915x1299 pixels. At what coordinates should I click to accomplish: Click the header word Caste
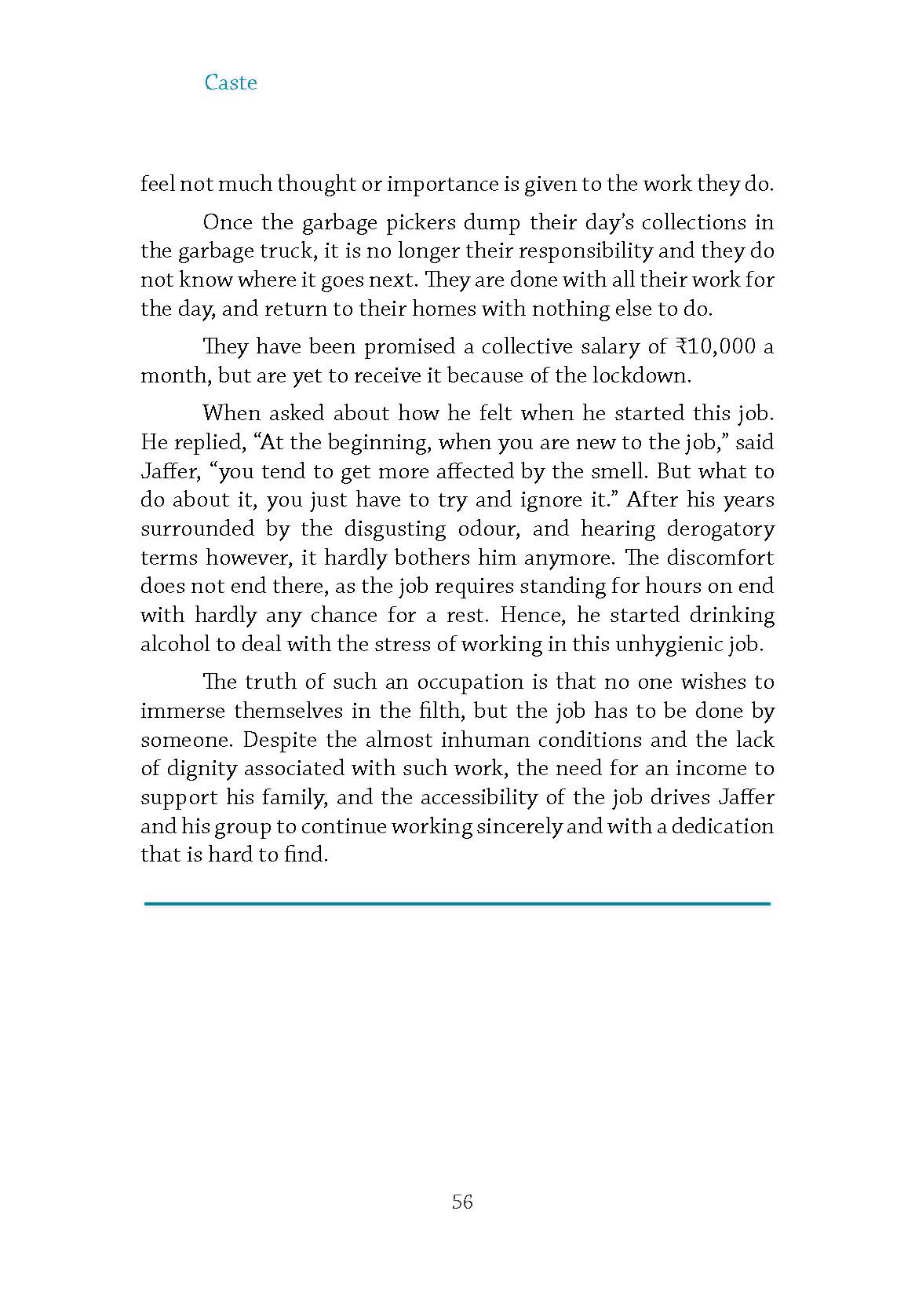pos(230,82)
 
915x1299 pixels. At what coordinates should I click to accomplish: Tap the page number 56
pos(462,1202)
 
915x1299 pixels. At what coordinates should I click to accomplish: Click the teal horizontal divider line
pos(457,904)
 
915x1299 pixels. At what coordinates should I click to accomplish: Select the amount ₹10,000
pos(715,346)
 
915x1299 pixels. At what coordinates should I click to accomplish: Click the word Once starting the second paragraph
pos(228,222)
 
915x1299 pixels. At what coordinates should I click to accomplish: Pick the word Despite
pos(278,740)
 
